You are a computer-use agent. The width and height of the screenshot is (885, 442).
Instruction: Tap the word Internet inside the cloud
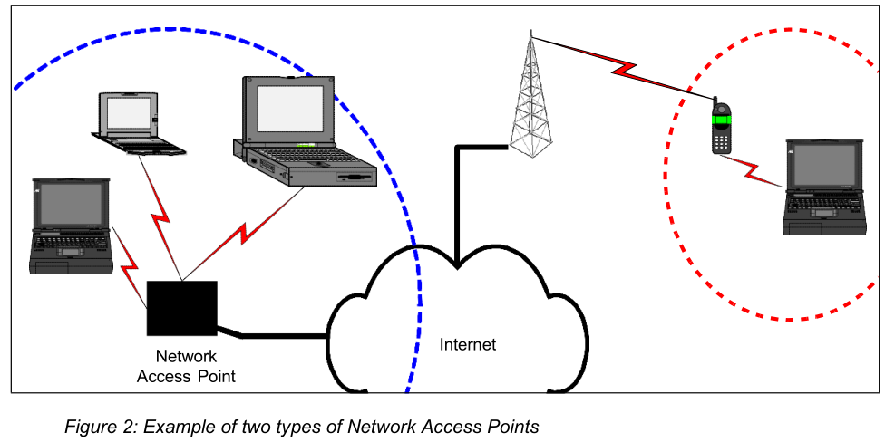(x=468, y=345)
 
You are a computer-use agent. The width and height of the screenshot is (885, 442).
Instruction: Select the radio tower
(x=530, y=100)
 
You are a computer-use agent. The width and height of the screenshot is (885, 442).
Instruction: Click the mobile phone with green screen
(x=721, y=126)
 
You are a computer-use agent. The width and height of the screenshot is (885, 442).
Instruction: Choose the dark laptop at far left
(x=71, y=226)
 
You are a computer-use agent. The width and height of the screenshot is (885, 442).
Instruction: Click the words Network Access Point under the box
(x=186, y=366)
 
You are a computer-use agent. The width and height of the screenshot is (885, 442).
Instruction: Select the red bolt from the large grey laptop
(x=245, y=232)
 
